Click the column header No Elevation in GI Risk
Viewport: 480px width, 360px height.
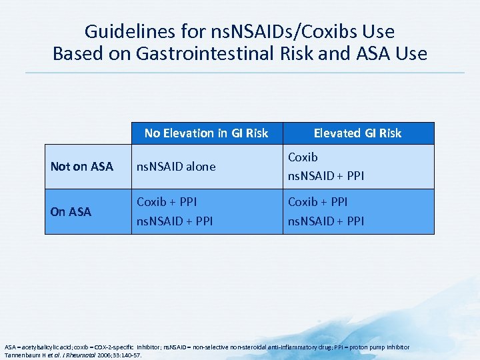206,133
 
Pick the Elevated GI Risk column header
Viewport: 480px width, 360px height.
357,133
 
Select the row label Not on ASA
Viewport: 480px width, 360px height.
82,167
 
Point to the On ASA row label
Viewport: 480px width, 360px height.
71,211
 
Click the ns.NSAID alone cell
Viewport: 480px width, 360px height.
176,167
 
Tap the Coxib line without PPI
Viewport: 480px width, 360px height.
303,157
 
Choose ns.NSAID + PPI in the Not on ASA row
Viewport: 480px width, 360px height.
326,177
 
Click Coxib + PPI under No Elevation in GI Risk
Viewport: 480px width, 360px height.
167,201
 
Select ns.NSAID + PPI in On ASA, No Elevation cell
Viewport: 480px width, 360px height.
175,221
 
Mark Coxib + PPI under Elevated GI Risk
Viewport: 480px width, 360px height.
318,201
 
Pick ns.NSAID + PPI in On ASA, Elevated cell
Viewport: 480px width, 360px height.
326,221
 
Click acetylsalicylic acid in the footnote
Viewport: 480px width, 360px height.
44,347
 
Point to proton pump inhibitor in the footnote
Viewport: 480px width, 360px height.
381,347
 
